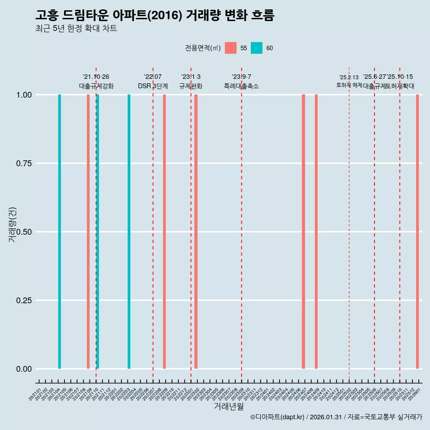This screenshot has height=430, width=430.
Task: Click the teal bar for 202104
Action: click(x=60, y=232)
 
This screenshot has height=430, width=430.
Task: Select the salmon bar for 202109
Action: click(x=88, y=232)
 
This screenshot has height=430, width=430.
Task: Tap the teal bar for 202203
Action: click(x=129, y=232)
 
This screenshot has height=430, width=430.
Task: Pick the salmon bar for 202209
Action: click(x=164, y=232)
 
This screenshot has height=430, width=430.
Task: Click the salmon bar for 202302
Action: click(x=196, y=232)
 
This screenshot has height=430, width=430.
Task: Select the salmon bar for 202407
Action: click(x=303, y=232)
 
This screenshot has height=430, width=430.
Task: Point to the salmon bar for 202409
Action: click(x=316, y=232)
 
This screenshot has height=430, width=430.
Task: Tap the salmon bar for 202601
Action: click(x=417, y=232)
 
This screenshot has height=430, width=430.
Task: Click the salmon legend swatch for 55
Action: click(x=231, y=48)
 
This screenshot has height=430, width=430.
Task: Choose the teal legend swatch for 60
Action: click(x=257, y=48)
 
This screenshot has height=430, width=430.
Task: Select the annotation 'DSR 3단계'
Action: click(x=153, y=86)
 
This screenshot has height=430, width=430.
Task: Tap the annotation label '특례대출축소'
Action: click(x=241, y=86)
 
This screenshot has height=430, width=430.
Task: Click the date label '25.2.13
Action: click(x=349, y=77)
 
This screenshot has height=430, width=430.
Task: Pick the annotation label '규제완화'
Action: click(x=191, y=86)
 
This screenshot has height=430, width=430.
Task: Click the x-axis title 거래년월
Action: click(x=228, y=407)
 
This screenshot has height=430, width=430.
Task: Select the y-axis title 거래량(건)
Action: click(x=13, y=224)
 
